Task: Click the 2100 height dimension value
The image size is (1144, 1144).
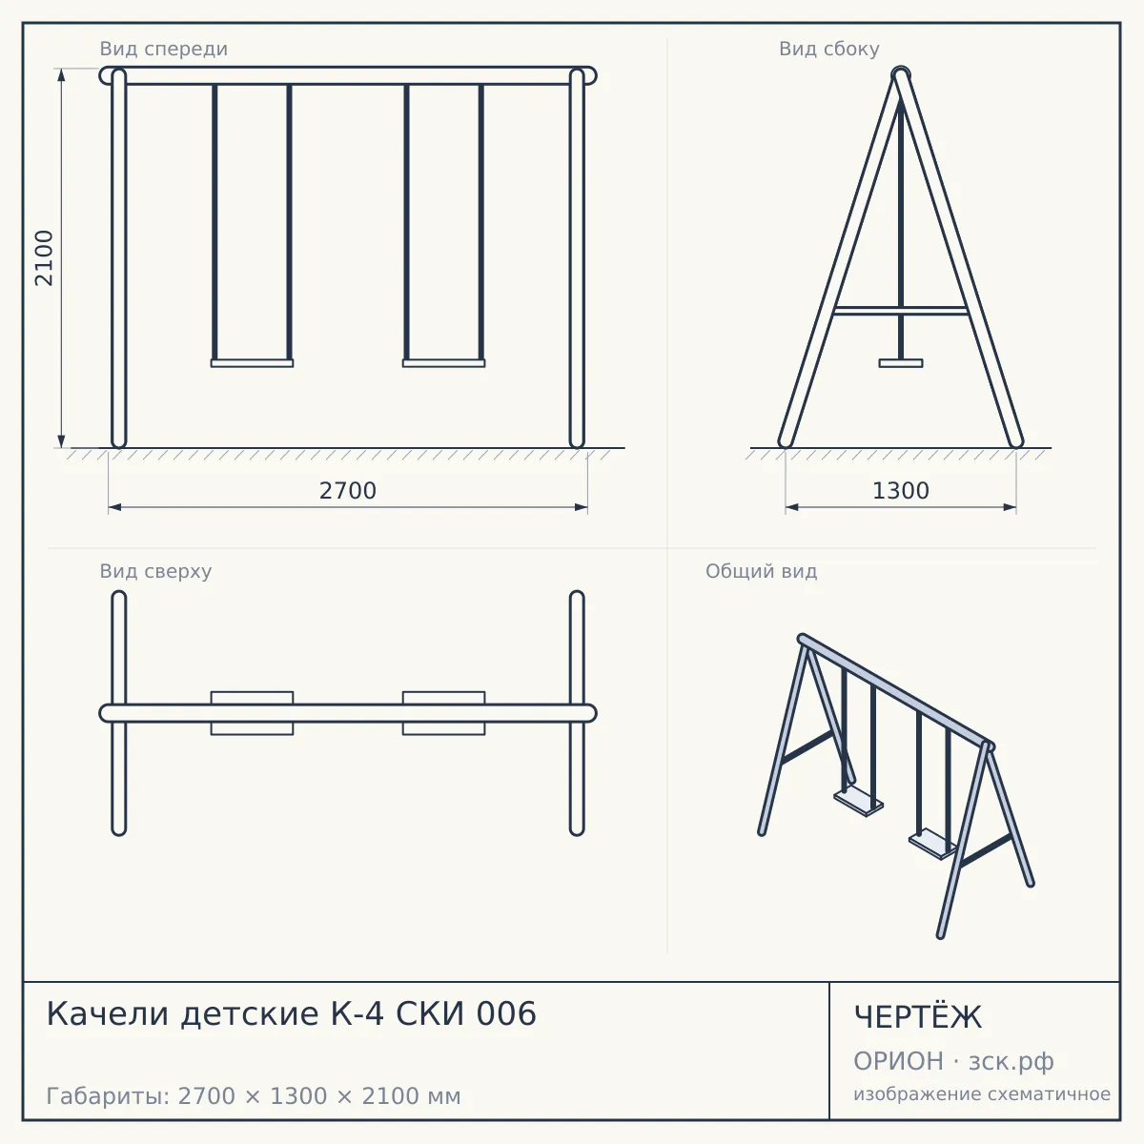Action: click(x=44, y=258)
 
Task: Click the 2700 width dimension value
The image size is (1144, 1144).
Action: click(x=348, y=491)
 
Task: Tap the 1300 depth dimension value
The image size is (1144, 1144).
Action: click(x=901, y=491)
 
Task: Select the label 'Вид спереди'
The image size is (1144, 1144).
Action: click(x=163, y=49)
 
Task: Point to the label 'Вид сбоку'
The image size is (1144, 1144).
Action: click(x=828, y=49)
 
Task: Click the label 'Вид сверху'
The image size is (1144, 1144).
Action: click(x=155, y=571)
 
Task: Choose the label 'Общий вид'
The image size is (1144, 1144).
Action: click(x=761, y=571)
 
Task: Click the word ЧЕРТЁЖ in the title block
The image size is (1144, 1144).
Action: click(x=918, y=1017)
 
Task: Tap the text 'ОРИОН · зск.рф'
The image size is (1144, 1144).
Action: click(x=953, y=1061)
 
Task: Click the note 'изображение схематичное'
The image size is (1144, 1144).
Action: click(x=982, y=1094)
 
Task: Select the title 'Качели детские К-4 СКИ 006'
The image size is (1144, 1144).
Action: click(x=292, y=1013)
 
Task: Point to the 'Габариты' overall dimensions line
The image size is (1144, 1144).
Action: click(x=254, y=1096)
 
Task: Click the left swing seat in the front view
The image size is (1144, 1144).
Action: click(x=252, y=362)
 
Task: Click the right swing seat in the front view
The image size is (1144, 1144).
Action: click(x=443, y=362)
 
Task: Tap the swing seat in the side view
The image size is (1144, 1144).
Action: click(x=901, y=362)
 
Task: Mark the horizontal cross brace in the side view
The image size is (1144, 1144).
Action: click(x=901, y=311)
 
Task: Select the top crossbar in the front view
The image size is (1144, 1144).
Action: click(x=348, y=76)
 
